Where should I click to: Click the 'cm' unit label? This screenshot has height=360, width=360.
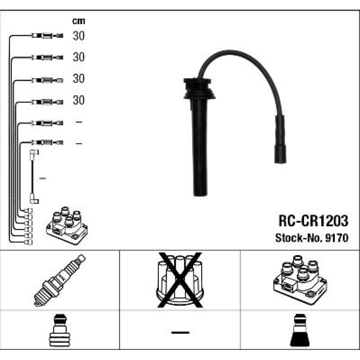click(78, 21)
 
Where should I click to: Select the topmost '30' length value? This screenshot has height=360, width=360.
click(78, 36)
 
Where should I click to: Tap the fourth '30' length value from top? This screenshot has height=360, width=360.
click(78, 100)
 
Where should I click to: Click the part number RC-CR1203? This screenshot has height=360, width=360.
click(313, 221)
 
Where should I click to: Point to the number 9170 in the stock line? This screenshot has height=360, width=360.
click(337, 238)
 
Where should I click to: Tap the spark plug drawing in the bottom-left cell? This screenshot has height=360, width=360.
click(60, 280)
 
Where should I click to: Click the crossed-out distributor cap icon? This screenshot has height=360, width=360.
click(180, 280)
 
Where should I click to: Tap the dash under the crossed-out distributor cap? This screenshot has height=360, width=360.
click(180, 332)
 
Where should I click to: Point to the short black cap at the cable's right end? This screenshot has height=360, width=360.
click(280, 139)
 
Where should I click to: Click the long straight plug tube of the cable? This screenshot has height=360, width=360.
click(200, 147)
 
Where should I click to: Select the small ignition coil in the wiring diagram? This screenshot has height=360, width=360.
click(67, 225)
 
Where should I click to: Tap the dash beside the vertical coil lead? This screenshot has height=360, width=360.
click(43, 178)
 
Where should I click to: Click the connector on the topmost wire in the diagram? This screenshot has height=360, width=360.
click(47, 36)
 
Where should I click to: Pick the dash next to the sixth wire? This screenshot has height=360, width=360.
click(79, 144)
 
